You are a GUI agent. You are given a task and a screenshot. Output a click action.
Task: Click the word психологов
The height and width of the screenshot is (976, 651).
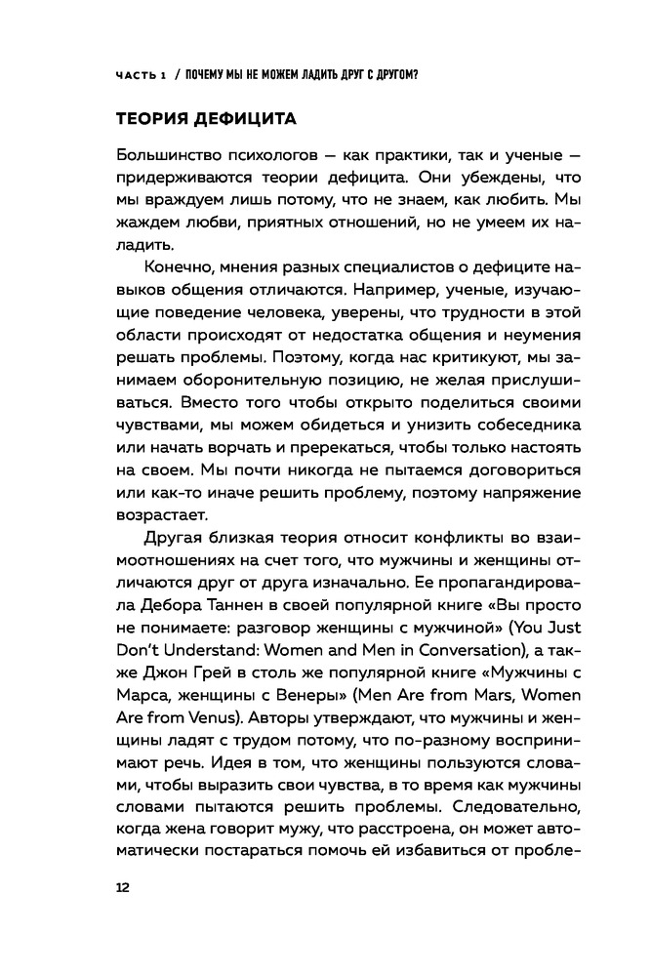pos(279,156)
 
